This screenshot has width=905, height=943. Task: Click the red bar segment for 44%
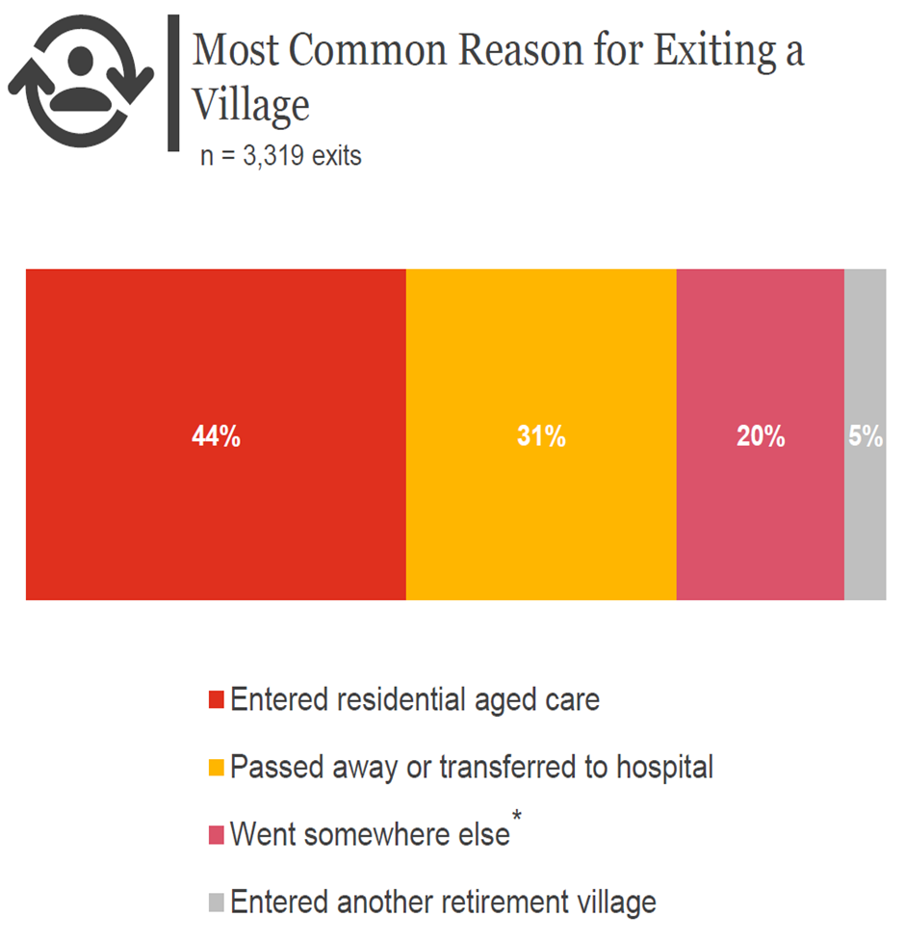tap(216, 366)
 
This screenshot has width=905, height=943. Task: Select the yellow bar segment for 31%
tap(541, 366)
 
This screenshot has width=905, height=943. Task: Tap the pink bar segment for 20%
tap(761, 366)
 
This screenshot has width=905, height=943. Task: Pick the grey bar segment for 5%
tap(865, 366)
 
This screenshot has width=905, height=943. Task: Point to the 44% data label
tap(216, 436)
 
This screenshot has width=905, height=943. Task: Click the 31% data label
tap(541, 436)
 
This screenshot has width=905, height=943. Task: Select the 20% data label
tap(761, 436)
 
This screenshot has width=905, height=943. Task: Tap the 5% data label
tap(866, 436)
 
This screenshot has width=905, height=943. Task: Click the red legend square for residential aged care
tap(216, 699)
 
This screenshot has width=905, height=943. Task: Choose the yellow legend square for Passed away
tap(216, 769)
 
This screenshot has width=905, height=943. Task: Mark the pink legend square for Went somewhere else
tap(216, 835)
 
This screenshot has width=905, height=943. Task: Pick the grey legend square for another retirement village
tap(216, 904)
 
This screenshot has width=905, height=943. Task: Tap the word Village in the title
tap(251, 104)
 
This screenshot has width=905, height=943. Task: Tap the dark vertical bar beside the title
tap(174, 83)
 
